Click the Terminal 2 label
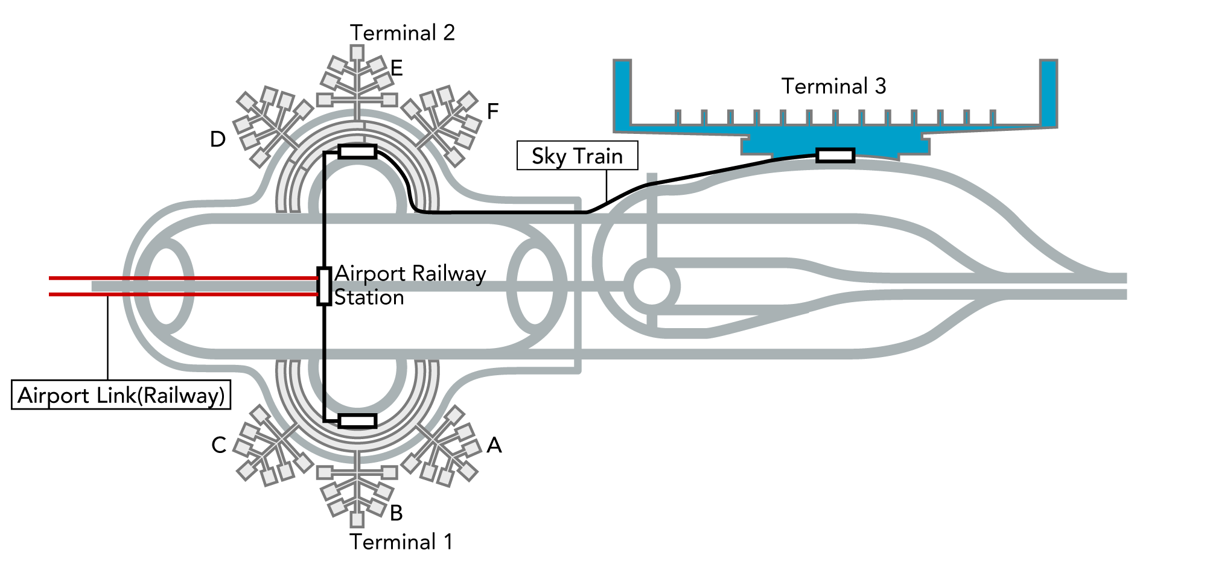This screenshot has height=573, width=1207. pos(402,33)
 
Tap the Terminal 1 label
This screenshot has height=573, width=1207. pos(401,542)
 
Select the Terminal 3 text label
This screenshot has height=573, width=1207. pos(833,86)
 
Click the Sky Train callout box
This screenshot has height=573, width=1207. pos(577,156)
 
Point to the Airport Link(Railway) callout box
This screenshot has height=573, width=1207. pos(121,395)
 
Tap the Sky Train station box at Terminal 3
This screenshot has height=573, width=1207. pos(835,156)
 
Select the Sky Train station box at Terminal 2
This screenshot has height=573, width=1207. pos(357,151)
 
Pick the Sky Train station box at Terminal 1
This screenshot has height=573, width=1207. pos(357,420)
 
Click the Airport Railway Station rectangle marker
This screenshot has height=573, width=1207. pos(324,286)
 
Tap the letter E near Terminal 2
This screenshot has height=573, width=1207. pos(396,68)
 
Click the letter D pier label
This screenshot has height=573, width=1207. pos(217,139)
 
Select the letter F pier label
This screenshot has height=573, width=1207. pos(492,111)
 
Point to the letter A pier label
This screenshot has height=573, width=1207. pos(494,445)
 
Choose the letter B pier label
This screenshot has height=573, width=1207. pos(396,513)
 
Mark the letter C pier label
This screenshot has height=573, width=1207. pos(218,445)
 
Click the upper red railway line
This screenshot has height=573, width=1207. pos(181,278)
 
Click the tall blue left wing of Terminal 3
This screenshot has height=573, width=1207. pos(622,93)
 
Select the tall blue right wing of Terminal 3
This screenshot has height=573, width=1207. pos(1048,93)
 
